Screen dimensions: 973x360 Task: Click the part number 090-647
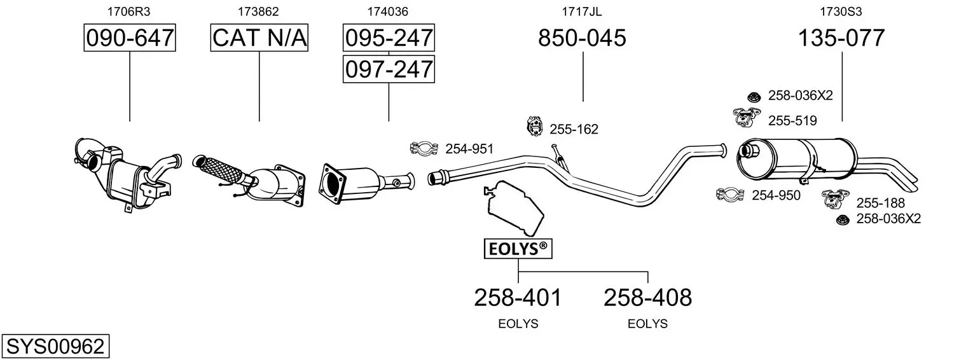click(x=130, y=38)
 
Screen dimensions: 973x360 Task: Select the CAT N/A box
click(x=259, y=38)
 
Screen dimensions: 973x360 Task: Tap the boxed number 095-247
click(x=389, y=38)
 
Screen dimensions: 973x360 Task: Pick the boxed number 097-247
click(x=389, y=69)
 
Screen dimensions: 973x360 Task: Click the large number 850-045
click(x=582, y=38)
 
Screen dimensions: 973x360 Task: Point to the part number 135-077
click(x=841, y=38)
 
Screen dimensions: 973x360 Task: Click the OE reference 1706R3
click(x=128, y=11)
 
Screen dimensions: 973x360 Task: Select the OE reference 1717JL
click(x=582, y=11)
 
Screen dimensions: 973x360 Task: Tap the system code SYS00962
click(x=55, y=347)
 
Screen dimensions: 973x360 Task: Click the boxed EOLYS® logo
click(x=518, y=249)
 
